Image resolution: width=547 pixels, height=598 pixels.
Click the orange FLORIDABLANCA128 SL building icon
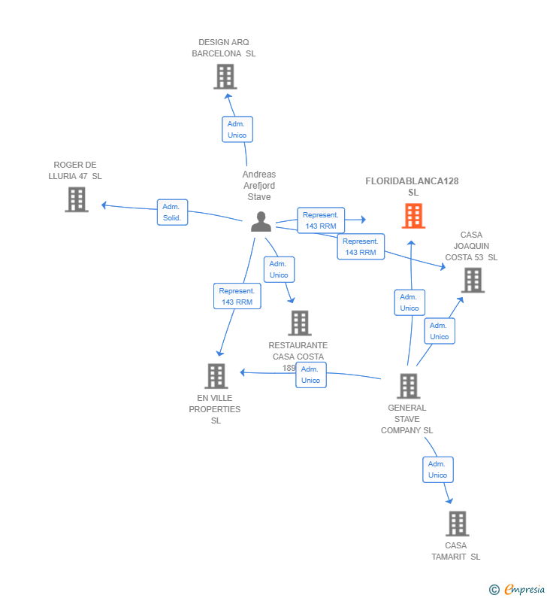(x=413, y=216)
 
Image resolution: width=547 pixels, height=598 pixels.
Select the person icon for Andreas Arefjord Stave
(x=261, y=222)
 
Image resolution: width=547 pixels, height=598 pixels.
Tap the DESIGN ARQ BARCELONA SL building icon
(x=225, y=77)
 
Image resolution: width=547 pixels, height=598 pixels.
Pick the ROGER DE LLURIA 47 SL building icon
(x=77, y=199)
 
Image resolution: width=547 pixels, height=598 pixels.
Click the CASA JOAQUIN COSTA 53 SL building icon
(x=473, y=281)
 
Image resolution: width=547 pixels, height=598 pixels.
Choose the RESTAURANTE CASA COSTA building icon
(x=300, y=323)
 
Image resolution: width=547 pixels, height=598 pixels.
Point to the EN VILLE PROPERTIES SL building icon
(x=216, y=376)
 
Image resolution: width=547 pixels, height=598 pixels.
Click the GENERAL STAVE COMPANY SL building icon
(x=408, y=386)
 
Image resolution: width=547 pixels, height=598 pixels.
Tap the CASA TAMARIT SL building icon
(x=457, y=524)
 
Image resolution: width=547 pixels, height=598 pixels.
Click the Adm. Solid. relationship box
(x=172, y=212)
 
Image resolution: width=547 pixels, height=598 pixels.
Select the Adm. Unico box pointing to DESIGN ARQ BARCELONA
(x=237, y=129)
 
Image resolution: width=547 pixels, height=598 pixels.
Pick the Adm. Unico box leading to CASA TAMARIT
(x=438, y=469)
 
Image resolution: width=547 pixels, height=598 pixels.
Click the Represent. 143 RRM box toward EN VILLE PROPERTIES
(x=237, y=296)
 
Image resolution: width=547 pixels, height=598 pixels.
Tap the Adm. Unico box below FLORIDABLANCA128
(x=409, y=302)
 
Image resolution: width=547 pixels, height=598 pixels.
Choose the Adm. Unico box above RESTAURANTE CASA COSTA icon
(x=279, y=269)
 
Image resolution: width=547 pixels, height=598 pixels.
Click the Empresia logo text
(x=524, y=589)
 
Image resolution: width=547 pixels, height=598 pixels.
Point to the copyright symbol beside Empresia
(x=494, y=590)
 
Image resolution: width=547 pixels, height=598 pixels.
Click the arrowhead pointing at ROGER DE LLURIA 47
(x=104, y=205)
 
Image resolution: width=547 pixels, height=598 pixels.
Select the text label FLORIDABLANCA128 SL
(x=413, y=187)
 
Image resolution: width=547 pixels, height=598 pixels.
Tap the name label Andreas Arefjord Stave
(x=259, y=185)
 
